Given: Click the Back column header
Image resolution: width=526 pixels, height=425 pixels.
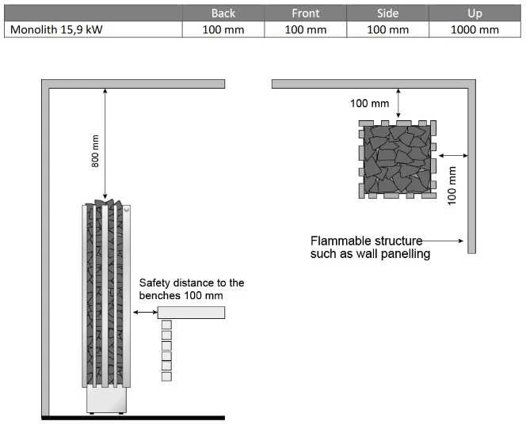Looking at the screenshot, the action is point(223,13).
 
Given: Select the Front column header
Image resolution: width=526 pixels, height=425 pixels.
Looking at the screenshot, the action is point(305,13).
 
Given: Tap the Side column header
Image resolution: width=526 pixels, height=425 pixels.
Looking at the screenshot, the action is point(388,13).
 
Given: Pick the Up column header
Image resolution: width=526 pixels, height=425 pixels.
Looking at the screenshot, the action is point(475,13).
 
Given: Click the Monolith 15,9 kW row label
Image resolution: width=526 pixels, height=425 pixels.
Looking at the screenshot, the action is point(56,29).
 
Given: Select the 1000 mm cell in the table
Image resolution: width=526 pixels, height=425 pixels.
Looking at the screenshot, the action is point(475,29).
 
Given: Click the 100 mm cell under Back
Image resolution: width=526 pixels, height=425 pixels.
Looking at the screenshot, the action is point(223,29).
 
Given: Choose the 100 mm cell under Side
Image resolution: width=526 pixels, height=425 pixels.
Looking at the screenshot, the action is point(388,29).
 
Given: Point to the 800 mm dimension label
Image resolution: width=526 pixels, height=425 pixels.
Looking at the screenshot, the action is point(95,151).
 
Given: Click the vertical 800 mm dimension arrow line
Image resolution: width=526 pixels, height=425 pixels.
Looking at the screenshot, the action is point(105,144).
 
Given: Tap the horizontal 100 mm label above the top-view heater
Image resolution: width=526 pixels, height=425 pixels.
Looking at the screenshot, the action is point(369,103).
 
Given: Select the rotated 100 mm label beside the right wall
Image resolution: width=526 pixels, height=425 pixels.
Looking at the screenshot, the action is point(452,186).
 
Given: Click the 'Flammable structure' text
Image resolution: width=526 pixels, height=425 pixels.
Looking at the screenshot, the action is point(366,241).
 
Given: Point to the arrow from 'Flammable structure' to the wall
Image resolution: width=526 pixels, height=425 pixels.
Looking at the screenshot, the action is point(443,241).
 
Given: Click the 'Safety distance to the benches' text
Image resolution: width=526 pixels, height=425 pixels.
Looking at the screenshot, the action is point(192,289).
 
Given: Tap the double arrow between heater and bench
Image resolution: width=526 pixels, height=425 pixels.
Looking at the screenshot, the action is point(145,313).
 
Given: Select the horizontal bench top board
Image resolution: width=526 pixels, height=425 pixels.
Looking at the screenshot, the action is point(191,313).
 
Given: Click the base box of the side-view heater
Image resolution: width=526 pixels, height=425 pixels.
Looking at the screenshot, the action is point(106,400).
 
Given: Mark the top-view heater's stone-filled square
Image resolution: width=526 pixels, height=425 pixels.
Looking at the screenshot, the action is point(397,159).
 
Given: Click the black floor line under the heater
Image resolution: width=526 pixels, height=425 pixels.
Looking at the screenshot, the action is point(133,418).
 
